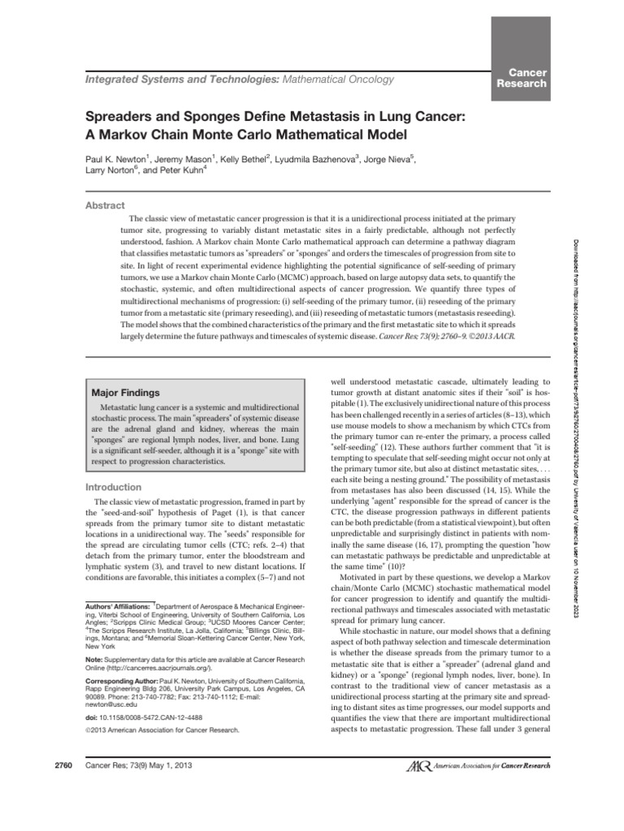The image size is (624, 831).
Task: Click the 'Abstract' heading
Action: tap(106, 206)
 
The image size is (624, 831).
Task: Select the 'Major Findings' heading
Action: tap(125, 391)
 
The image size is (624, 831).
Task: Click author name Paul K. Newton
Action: tap(119, 159)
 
